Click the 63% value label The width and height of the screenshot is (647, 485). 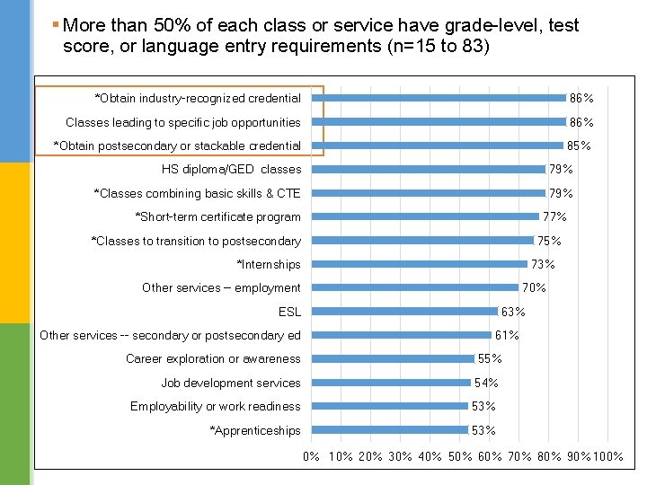coord(513,312)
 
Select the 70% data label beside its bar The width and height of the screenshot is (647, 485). coord(534,287)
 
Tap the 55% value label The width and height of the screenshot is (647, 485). coord(490,358)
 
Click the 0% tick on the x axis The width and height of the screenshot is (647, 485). coord(312,456)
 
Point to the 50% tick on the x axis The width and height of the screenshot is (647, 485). coord(459,456)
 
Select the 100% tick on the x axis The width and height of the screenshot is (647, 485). coord(608,456)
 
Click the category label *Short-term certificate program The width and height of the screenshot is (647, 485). coord(217,216)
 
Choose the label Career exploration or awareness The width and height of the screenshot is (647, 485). coord(213,358)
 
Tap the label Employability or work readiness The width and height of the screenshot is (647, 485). coord(215,406)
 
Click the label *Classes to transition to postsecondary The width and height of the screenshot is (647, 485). coord(196,241)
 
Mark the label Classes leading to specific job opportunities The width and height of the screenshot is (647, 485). coord(182,122)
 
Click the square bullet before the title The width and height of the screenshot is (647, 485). coord(56,24)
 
